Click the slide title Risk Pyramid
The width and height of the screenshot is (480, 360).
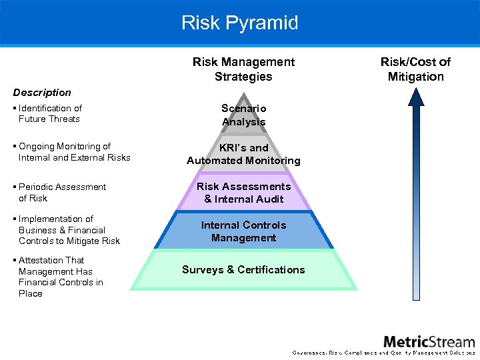pos(240,23)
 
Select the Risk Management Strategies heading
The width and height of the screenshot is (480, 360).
pos(243,69)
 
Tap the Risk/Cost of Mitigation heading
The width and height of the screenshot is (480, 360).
pos(415,69)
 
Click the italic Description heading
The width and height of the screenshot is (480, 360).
pos(42,93)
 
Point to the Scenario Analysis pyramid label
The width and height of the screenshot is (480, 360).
pos(243,115)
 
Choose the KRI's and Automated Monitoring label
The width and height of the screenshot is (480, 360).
pos(243,154)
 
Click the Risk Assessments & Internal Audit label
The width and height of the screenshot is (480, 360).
pos(243,193)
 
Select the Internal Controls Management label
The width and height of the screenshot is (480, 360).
pos(243,231)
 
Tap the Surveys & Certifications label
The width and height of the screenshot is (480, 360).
pos(243,270)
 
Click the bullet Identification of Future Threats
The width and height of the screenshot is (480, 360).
pos(50,113)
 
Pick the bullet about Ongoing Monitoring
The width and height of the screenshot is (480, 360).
pos(74,152)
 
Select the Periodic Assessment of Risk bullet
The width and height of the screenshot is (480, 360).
pos(62,192)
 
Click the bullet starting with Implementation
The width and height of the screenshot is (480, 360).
pos(69,230)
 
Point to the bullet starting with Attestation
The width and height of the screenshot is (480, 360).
pos(60,277)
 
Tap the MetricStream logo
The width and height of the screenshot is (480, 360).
pos(429,341)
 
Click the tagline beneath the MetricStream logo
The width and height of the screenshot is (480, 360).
pos(383,353)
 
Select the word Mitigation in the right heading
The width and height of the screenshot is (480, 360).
pos(415,77)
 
